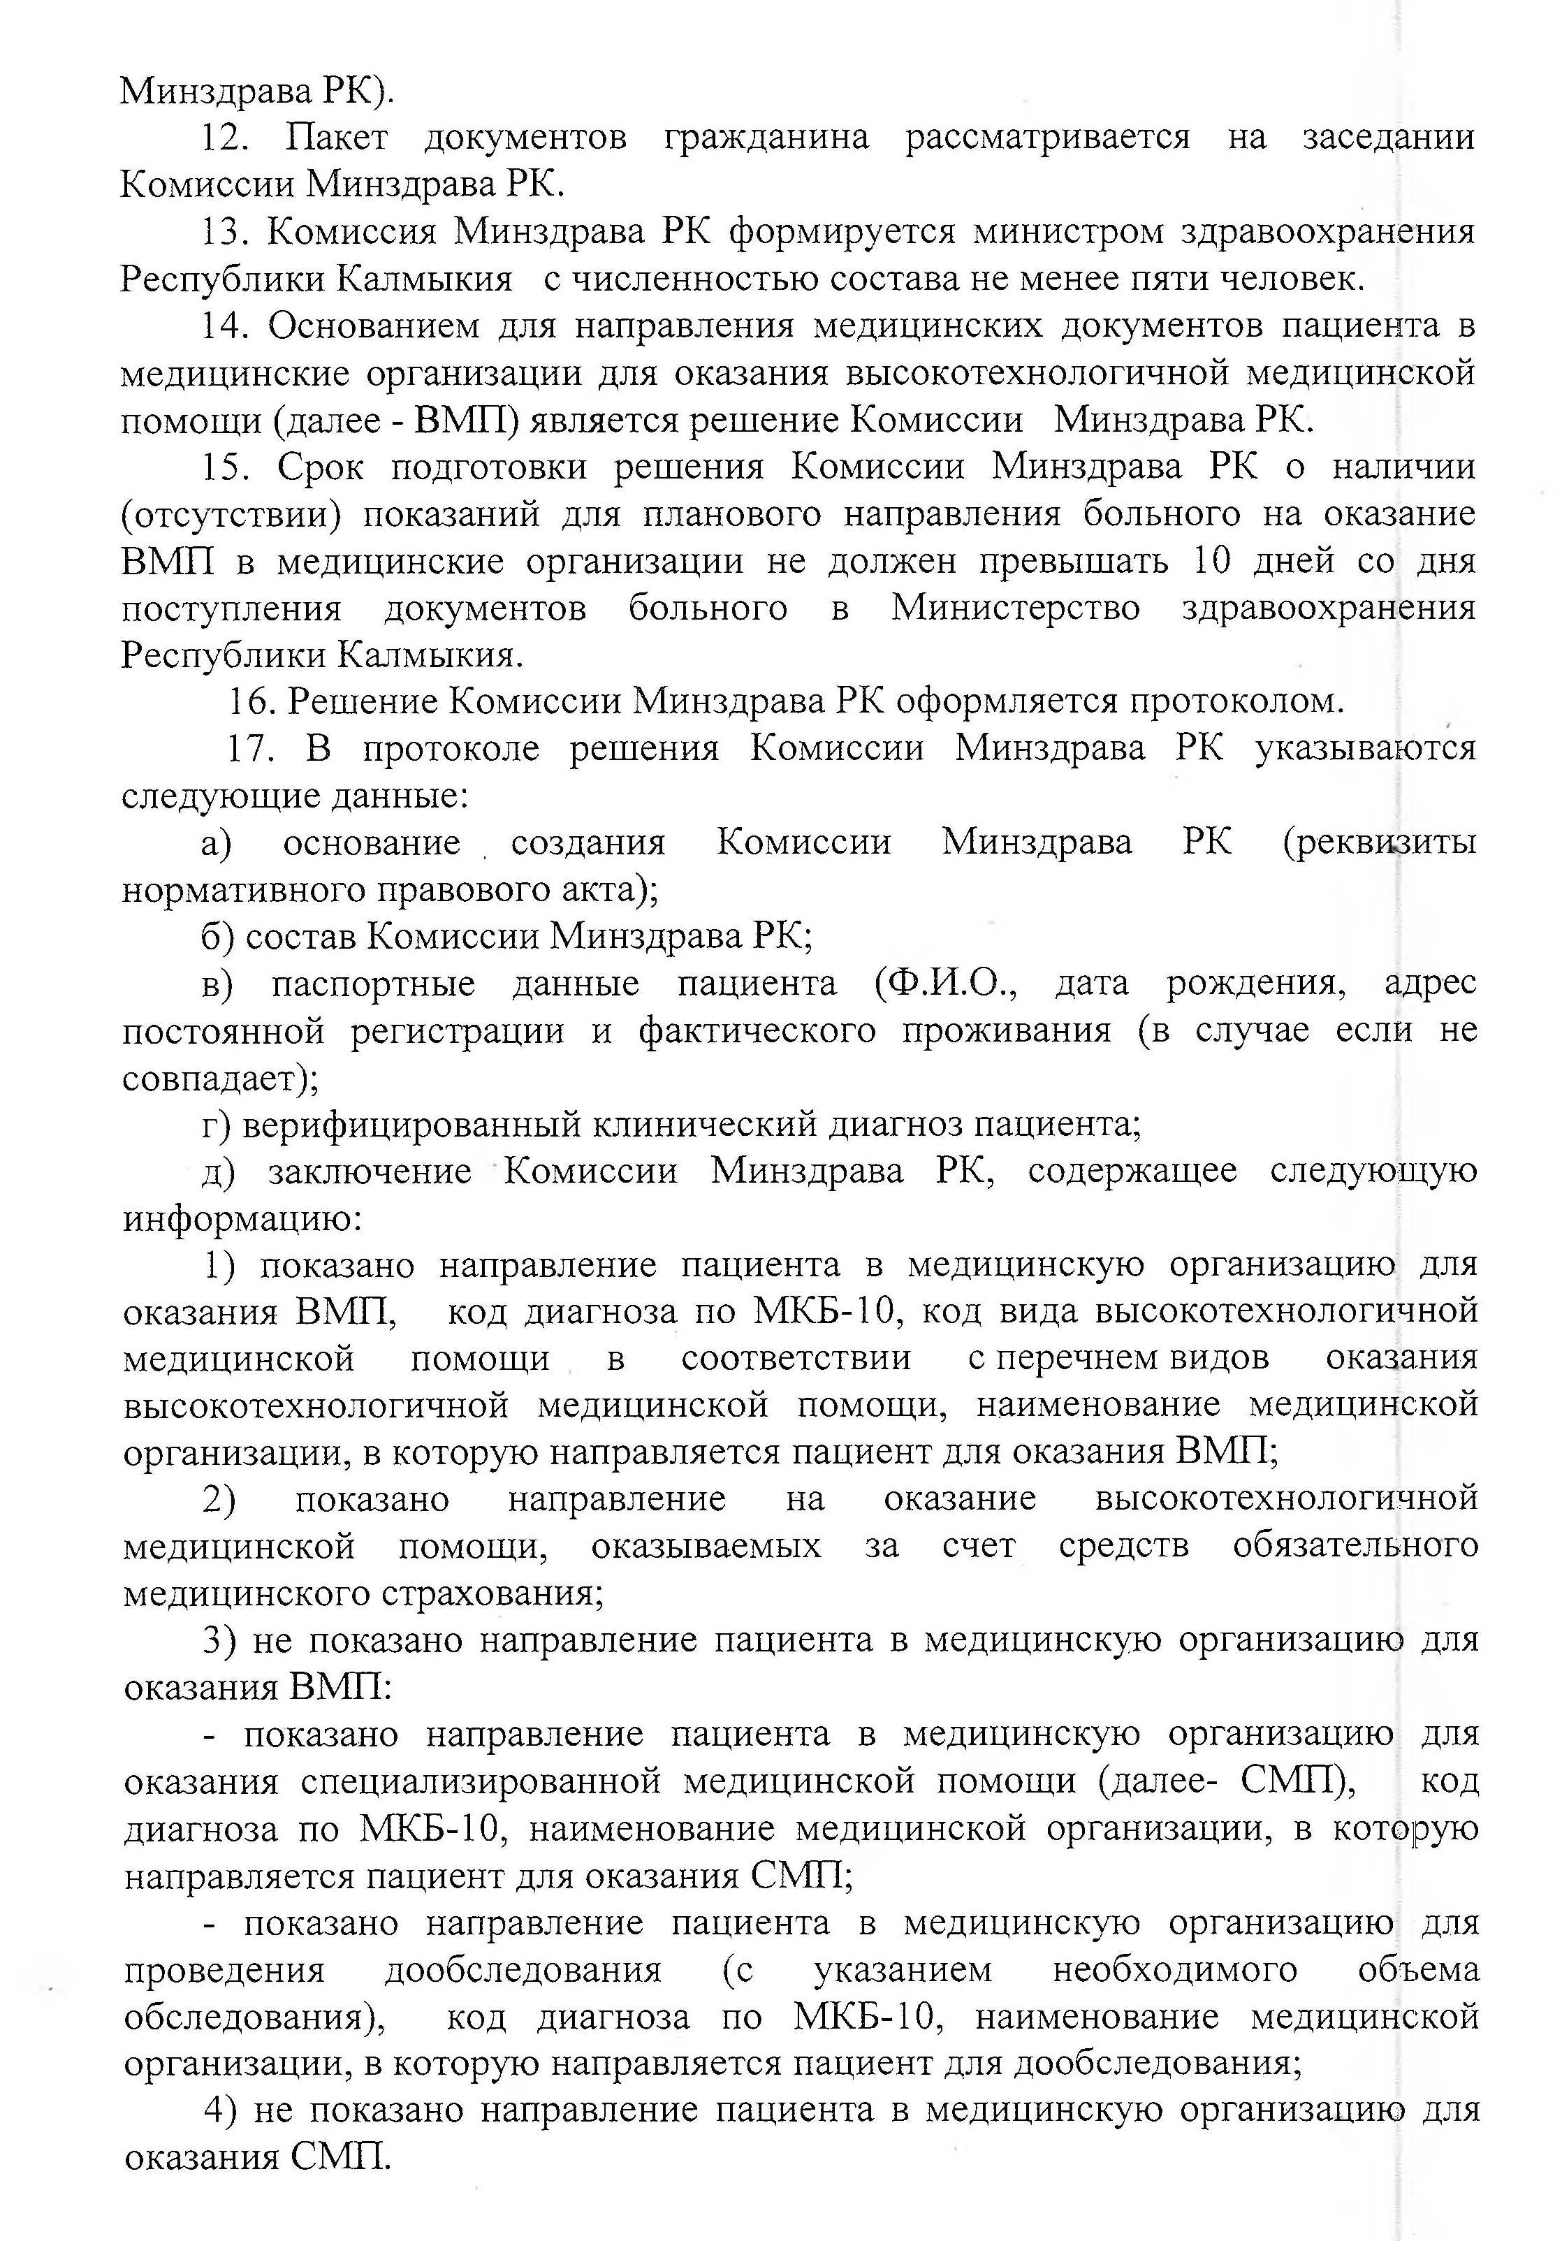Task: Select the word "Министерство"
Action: [1015, 608]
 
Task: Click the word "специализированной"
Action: [482, 1781]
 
